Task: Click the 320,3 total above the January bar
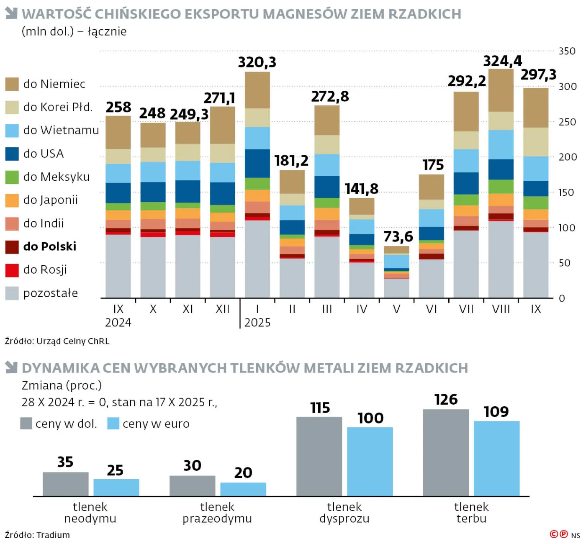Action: (257, 62)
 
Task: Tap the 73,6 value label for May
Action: (398, 237)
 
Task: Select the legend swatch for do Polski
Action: (12, 247)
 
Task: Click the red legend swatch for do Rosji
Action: (12, 270)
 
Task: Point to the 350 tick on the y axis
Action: (567, 51)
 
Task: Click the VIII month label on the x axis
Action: (501, 309)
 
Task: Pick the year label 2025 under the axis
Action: (257, 323)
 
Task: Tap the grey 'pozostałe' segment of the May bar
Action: (396, 288)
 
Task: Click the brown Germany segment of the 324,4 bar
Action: (501, 90)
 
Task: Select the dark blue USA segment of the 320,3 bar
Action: (257, 164)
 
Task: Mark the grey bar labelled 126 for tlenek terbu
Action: (446, 453)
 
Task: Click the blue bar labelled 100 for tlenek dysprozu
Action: (370, 462)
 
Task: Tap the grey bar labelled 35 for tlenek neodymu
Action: (65, 484)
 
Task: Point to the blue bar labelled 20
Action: (243, 489)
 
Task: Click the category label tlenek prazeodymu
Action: (217, 513)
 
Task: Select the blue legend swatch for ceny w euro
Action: (113, 423)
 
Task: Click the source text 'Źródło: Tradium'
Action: (37, 535)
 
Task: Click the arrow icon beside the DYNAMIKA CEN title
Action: (11, 367)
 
